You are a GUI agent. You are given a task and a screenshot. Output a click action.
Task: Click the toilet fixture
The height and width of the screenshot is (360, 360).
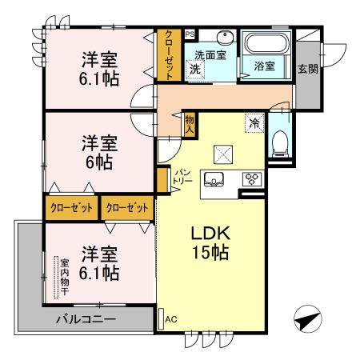coord(280,144)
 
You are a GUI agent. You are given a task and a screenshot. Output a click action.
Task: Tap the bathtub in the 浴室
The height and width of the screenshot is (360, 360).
coord(267,43)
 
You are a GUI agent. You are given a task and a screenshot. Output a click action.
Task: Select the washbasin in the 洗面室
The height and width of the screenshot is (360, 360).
coord(225,38)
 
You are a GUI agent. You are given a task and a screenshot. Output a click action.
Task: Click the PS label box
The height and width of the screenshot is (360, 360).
coord(190,34)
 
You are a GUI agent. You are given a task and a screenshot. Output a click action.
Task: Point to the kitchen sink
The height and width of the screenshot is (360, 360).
coord(214,179)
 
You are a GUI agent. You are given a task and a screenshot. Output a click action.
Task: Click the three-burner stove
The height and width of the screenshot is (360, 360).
coord(252,179)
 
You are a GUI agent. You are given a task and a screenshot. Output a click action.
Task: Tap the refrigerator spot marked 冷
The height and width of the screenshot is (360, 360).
coord(254,122)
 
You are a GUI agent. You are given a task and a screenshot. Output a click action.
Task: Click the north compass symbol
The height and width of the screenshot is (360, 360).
coord(308,319)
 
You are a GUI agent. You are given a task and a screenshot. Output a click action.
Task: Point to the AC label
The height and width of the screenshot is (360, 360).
coord(170,319)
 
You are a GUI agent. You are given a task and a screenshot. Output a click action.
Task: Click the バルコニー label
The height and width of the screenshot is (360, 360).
coord(86,319)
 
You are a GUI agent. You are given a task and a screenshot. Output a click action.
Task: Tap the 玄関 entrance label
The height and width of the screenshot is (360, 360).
coord(308,69)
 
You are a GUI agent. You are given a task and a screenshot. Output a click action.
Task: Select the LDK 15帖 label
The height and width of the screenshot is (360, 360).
coord(210,242)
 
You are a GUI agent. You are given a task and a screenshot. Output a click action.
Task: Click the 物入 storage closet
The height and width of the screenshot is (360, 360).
coord(190,125)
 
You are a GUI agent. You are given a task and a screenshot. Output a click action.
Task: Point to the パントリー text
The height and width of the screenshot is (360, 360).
coord(182,177)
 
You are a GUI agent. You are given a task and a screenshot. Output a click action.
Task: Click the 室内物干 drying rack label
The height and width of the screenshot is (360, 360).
coord(65,277)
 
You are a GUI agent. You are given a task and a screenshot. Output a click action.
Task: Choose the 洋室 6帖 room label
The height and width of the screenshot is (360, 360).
coord(99,153)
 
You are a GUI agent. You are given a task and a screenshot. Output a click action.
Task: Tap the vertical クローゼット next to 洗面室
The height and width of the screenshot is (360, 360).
coord(169,55)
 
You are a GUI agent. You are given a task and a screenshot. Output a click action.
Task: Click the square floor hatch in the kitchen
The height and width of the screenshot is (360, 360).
coord(223,154)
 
